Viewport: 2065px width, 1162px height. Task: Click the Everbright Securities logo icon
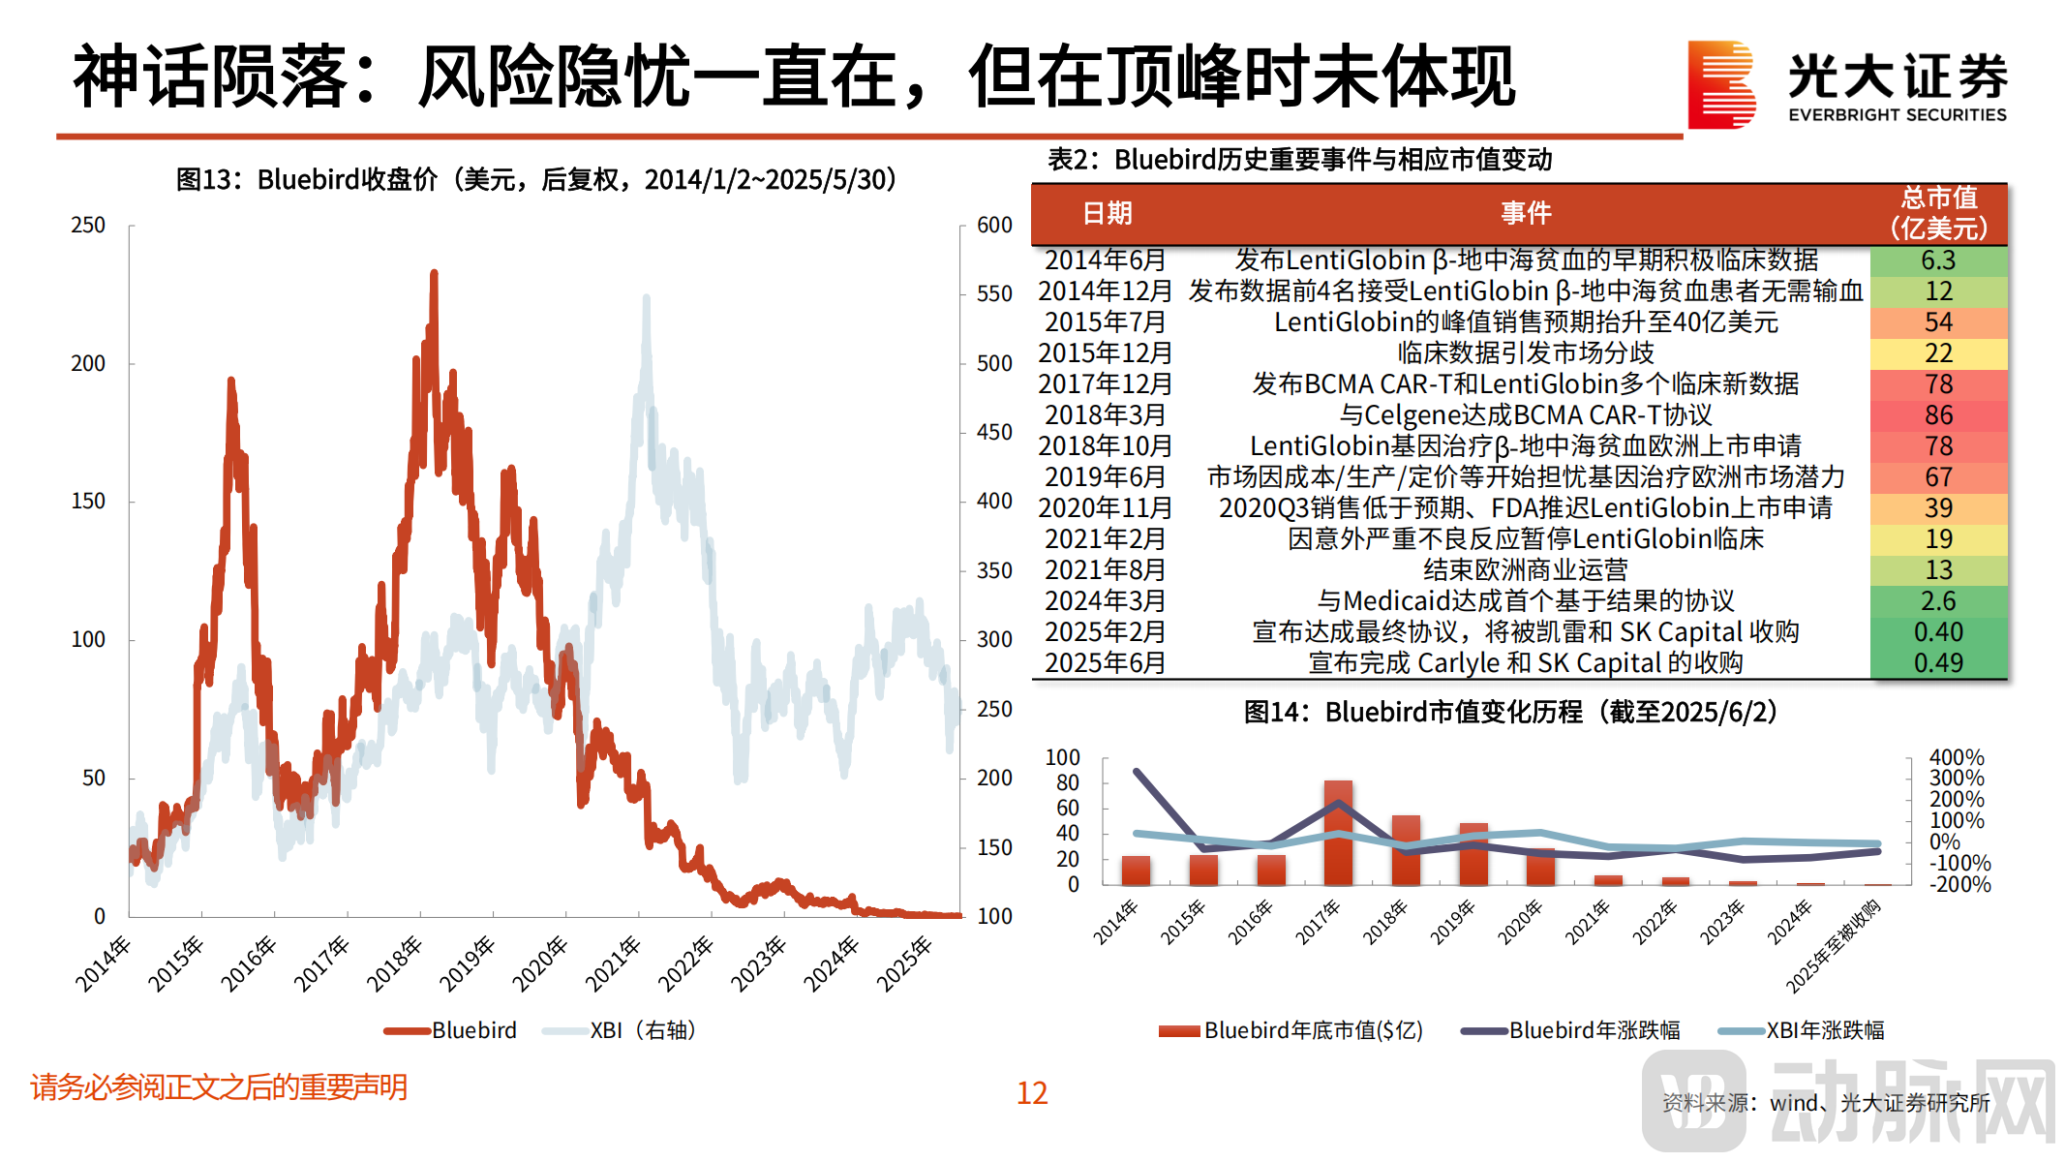pyautogui.click(x=1720, y=84)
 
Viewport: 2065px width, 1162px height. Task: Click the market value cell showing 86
pyautogui.click(x=1937, y=415)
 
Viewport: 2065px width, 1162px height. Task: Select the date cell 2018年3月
pyautogui.click(x=1105, y=415)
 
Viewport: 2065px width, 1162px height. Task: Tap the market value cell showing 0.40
pyautogui.click(x=1937, y=632)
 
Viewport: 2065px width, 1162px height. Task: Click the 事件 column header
pyautogui.click(x=1526, y=213)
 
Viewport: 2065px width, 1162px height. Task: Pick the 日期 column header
pyautogui.click(x=1107, y=213)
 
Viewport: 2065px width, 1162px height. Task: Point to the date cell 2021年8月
pyautogui.click(x=1105, y=570)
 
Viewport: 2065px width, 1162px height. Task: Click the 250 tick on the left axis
pyautogui.click(x=88, y=226)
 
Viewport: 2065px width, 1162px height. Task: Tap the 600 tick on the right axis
pyautogui.click(x=994, y=226)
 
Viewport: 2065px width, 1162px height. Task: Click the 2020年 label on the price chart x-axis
pyautogui.click(x=539, y=963)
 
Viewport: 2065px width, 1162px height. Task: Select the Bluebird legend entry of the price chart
pyautogui.click(x=451, y=1030)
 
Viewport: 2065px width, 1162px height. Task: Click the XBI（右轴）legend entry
pyautogui.click(x=621, y=1030)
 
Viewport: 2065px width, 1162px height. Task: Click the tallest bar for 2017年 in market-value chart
pyautogui.click(x=1338, y=833)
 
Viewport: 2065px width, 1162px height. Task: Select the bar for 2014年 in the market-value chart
pyautogui.click(x=1136, y=870)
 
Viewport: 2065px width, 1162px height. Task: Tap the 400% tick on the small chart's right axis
pyautogui.click(x=1956, y=757)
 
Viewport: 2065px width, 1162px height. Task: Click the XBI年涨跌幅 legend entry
pyautogui.click(x=1802, y=1030)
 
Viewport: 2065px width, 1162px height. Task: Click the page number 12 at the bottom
pyautogui.click(x=1032, y=1093)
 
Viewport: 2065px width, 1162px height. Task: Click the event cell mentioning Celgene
pyautogui.click(x=1526, y=415)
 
